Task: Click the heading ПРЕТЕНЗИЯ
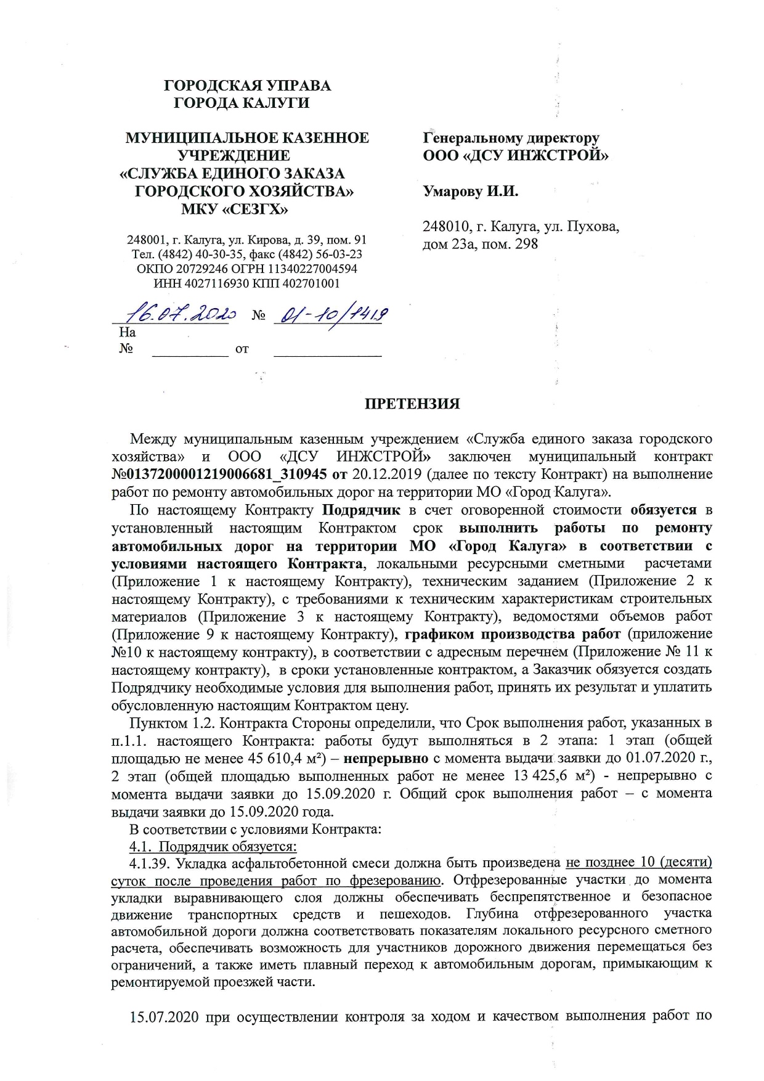click(x=412, y=404)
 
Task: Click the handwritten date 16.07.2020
click(x=176, y=315)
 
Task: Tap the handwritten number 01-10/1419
click(x=330, y=315)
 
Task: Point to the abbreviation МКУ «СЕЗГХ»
click(x=235, y=210)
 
